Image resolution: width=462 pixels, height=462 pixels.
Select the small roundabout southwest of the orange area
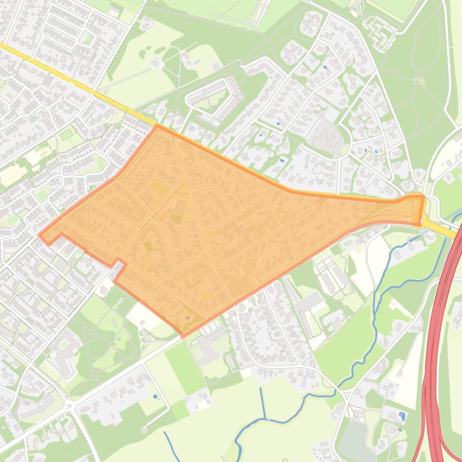tap(69, 406)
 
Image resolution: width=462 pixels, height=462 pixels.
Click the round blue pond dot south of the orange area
tap(155, 397)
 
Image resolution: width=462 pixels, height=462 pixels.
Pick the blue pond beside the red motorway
tap(401, 415)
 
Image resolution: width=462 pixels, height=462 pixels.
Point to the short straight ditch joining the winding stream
tap(262, 403)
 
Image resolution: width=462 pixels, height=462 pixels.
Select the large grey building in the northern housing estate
tap(325, 134)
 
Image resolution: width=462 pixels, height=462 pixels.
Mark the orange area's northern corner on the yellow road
tap(157, 126)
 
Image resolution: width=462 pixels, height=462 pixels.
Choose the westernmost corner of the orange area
tap(40, 235)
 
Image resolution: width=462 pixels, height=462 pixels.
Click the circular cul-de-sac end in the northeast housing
tap(391, 130)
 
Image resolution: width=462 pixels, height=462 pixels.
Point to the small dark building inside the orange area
tap(188, 317)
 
